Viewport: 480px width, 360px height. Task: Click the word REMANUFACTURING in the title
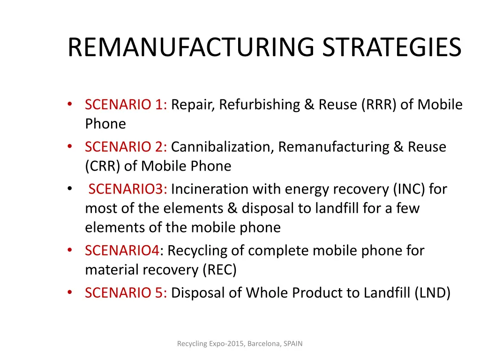tap(192, 47)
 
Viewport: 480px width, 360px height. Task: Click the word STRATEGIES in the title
tap(392, 47)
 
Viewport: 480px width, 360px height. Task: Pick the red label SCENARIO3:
tap(127, 189)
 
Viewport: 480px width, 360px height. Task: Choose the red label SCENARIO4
tap(122, 251)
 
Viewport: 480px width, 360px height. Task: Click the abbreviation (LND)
tap(432, 293)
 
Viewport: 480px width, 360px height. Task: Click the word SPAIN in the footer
tap(292, 344)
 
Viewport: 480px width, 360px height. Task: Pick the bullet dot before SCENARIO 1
tap(69, 105)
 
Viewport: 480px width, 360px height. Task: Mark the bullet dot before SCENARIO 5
tap(69, 293)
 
